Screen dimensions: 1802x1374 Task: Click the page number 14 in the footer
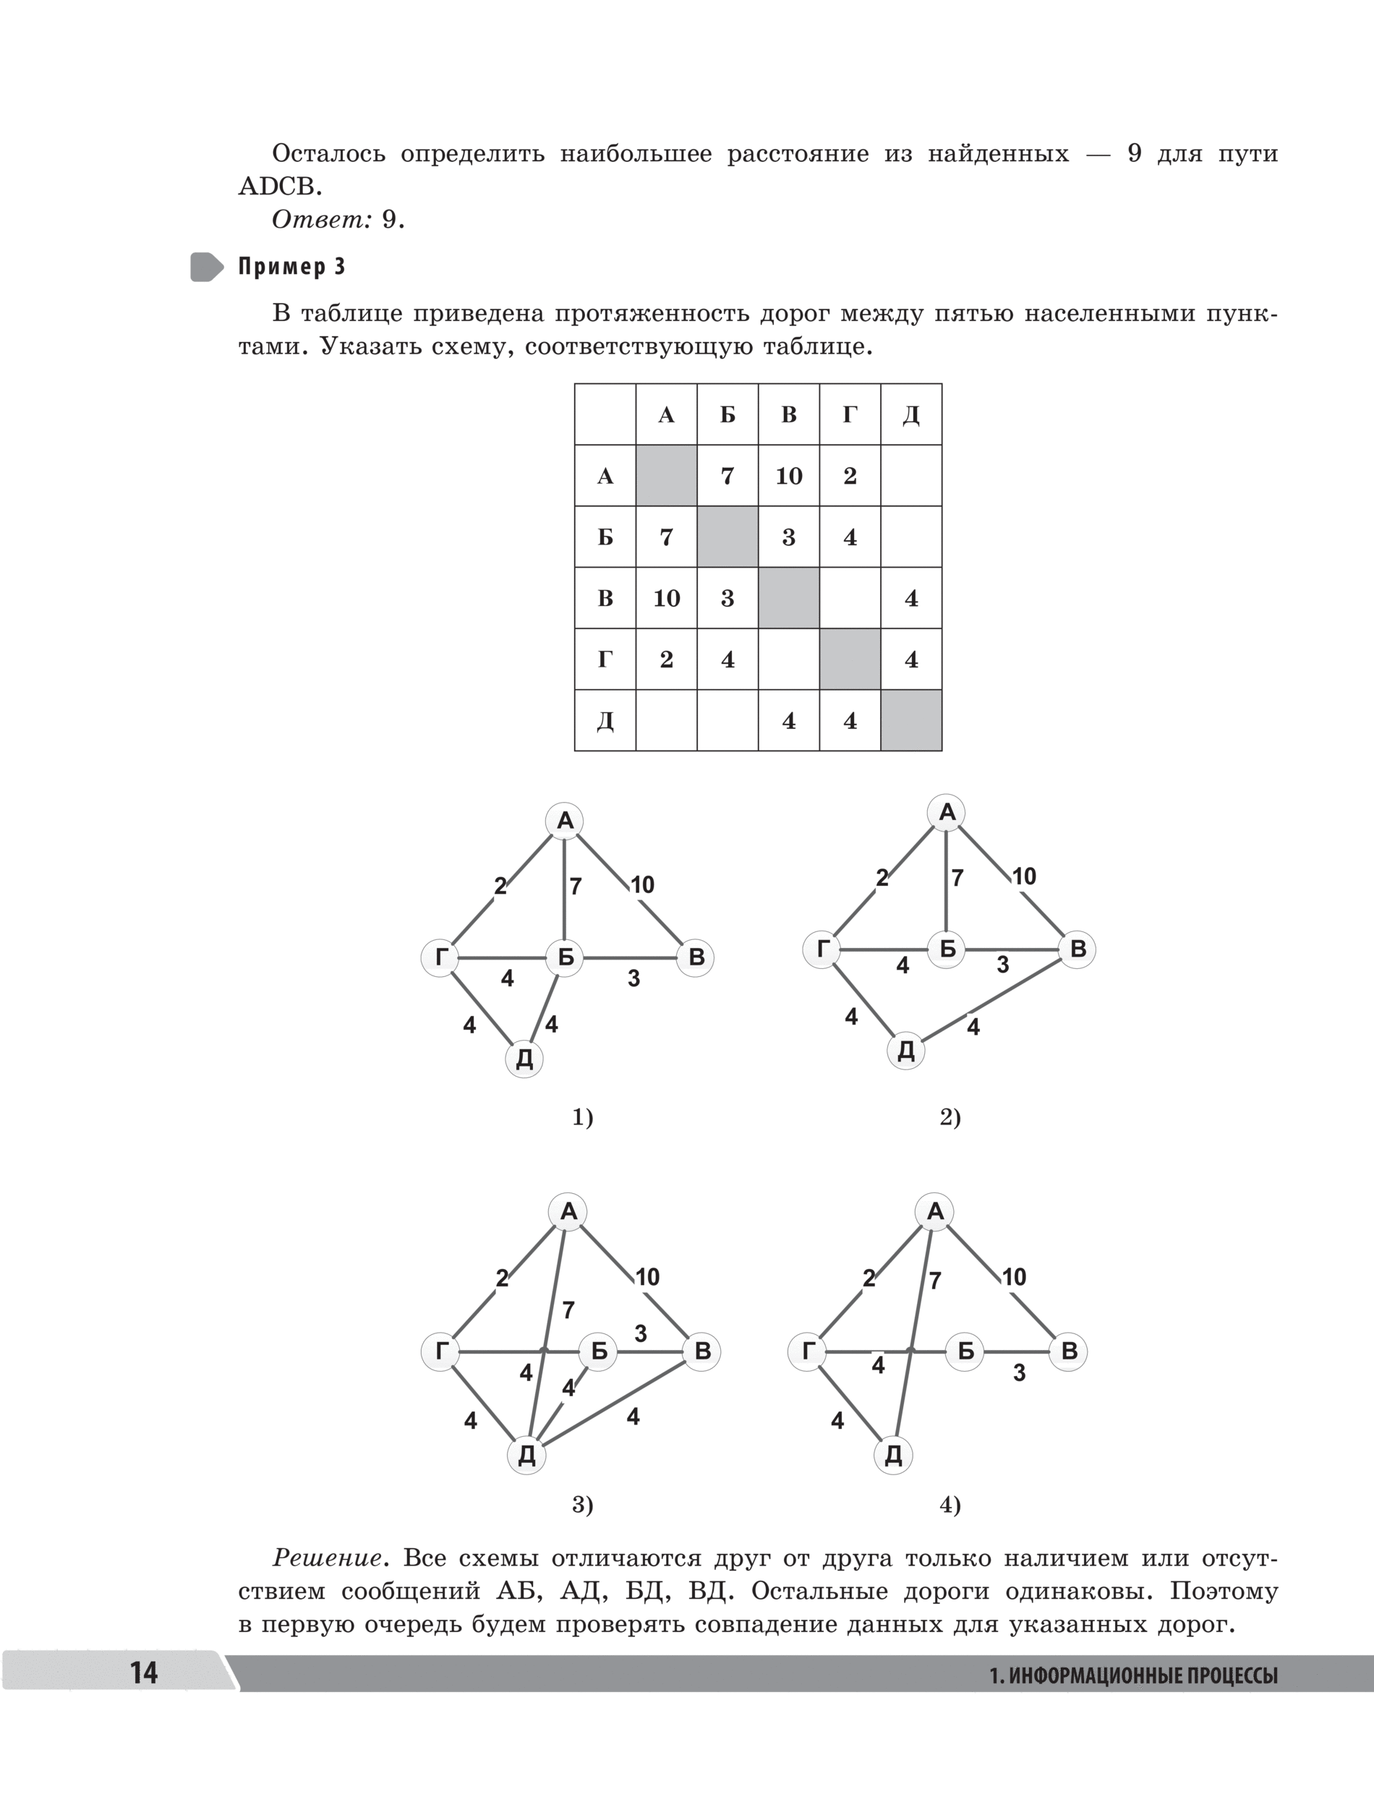pos(144,1672)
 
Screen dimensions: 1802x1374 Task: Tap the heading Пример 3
pos(291,267)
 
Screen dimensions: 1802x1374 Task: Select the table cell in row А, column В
pos(788,476)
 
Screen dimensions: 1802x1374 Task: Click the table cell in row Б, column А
pos(667,537)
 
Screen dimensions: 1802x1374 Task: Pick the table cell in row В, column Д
pos(911,599)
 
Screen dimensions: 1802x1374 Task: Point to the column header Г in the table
pos(850,415)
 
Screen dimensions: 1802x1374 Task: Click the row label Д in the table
pos(605,721)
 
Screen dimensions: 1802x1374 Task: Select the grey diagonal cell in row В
pos(788,599)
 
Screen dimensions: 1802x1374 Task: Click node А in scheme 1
pos(565,821)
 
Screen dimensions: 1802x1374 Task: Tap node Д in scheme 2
pos(906,1051)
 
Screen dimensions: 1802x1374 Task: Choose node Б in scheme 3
pos(599,1351)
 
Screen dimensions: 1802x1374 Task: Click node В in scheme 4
pos(1069,1351)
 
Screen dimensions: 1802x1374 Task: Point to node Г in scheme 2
pos(822,949)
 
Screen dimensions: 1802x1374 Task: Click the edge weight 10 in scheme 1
pos(642,884)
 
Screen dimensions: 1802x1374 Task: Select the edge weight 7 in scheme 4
pos(935,1281)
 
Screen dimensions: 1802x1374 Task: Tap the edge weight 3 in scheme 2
pos(1003,965)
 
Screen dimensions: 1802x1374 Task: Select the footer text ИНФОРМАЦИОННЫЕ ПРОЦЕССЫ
pos(1143,1675)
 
